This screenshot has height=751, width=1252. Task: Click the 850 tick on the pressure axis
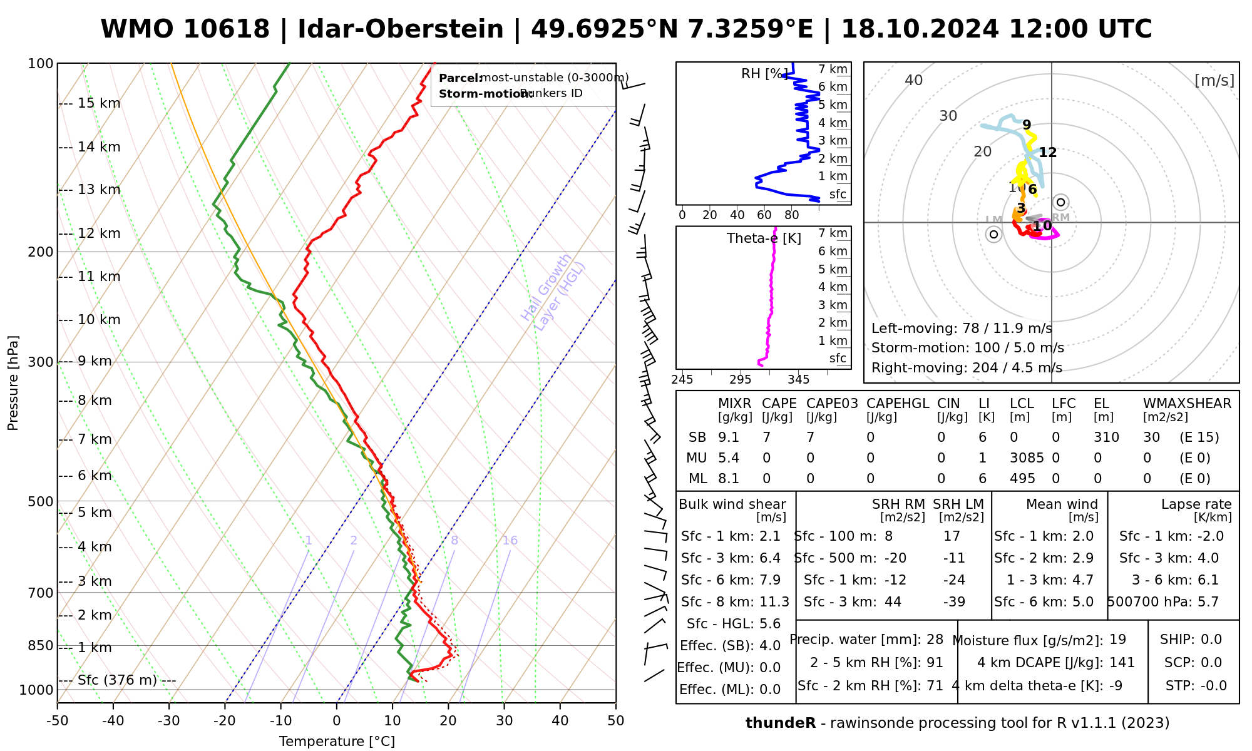coord(41,646)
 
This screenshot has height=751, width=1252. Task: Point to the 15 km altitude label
coord(99,103)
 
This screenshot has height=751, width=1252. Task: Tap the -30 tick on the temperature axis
coord(169,721)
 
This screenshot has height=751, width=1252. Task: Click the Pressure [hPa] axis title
coord(13,383)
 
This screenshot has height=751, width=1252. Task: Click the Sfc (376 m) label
coord(118,680)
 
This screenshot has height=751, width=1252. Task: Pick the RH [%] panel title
coord(764,74)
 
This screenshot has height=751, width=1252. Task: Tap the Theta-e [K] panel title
coord(764,238)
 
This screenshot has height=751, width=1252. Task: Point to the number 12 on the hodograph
coord(1047,152)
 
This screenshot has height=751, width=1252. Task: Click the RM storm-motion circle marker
coord(1060,202)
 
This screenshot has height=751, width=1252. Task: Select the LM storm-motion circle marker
coord(993,234)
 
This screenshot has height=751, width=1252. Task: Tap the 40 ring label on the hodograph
coord(914,80)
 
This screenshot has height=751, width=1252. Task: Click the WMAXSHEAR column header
coord(1187,404)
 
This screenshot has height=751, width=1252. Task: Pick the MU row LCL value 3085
coord(1027,458)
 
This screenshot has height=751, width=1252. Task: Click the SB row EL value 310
coord(1106,437)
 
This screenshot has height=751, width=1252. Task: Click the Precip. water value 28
coord(935,640)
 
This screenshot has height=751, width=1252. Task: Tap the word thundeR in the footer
coord(780,723)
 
